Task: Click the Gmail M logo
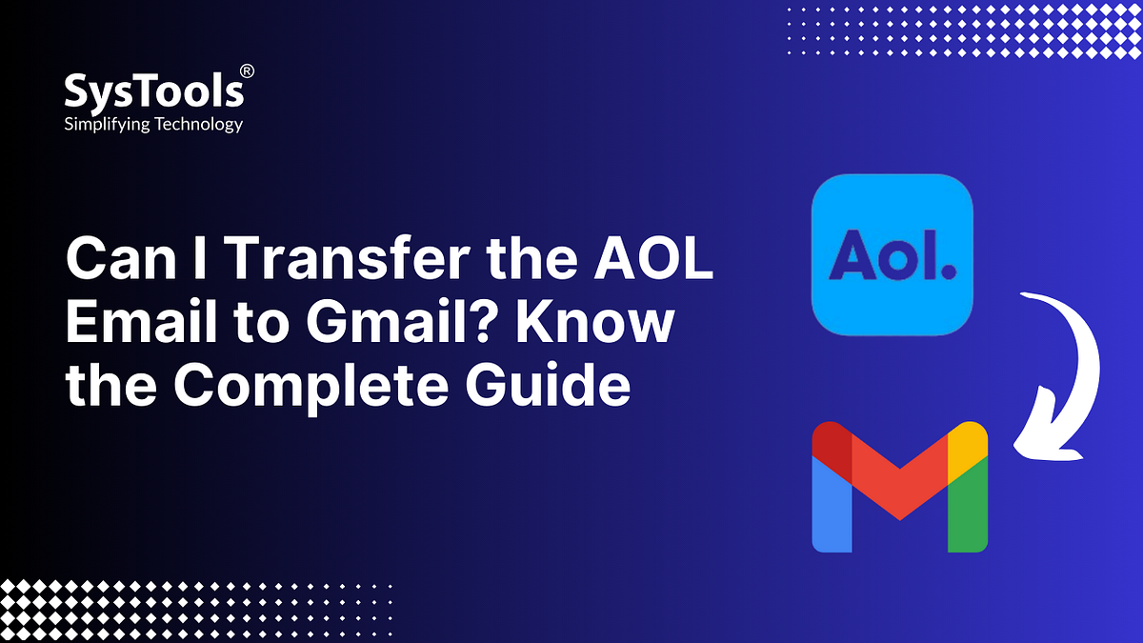coord(899,486)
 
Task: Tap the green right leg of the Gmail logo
coord(968,515)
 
